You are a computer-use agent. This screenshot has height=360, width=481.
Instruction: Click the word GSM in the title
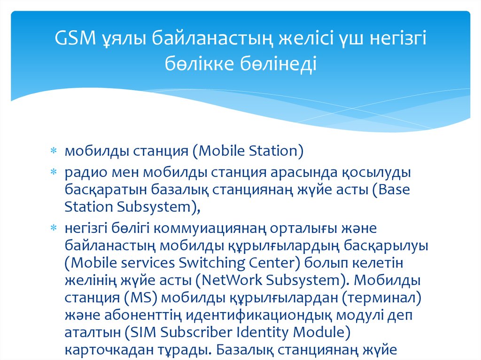coord(75,38)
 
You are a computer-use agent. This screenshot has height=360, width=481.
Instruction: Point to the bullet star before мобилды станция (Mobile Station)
coord(54,151)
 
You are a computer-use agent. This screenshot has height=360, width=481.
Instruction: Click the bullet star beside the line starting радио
coord(54,172)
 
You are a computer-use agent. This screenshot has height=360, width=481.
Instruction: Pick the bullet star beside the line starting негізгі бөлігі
coord(54,228)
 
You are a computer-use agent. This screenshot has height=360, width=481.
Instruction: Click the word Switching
coord(212,263)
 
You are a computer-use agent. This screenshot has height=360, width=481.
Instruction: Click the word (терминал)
coord(381,298)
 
